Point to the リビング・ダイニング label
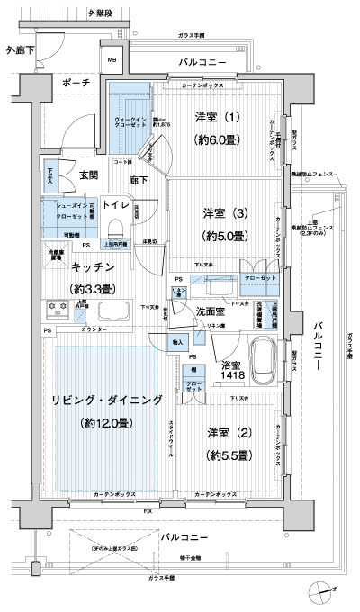(107, 399)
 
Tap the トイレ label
(115, 205)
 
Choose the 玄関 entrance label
(88, 175)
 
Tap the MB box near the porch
(113, 61)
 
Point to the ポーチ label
(76, 82)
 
